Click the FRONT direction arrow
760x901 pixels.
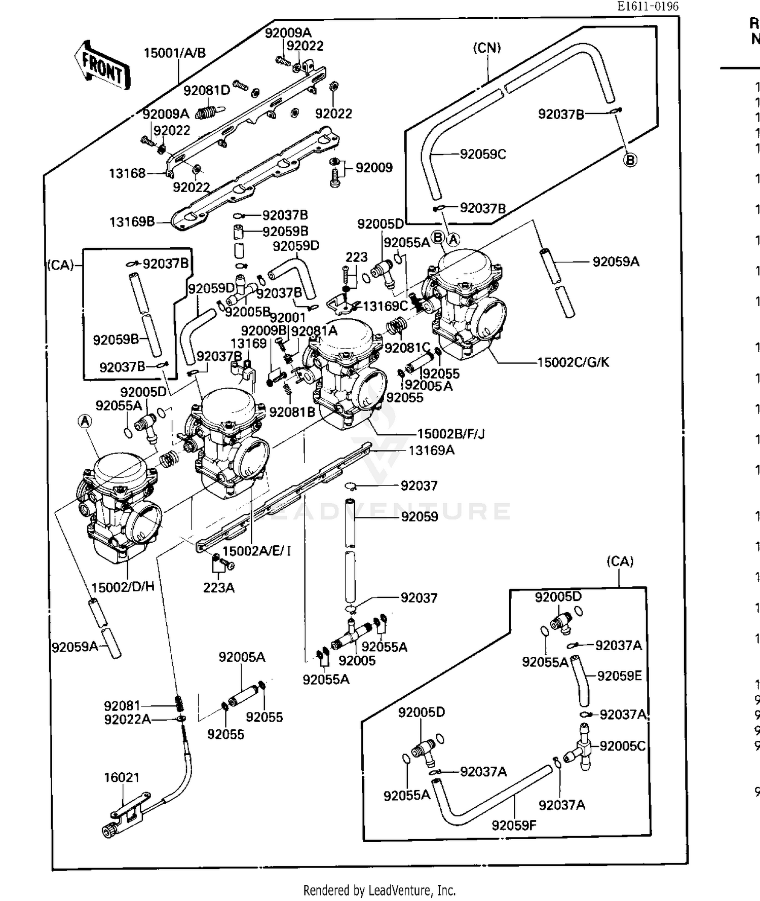[102, 66]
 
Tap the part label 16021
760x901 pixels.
[121, 777]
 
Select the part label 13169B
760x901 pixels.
[132, 222]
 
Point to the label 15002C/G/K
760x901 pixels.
[573, 362]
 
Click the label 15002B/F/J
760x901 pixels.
[450, 434]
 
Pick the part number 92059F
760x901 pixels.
[514, 825]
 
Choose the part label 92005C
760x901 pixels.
[622, 746]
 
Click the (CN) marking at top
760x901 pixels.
[486, 48]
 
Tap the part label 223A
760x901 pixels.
[218, 588]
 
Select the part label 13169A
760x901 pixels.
[431, 450]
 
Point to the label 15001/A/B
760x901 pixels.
[175, 53]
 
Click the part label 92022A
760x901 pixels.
[127, 720]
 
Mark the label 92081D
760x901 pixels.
[206, 91]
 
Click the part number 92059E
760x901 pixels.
[619, 676]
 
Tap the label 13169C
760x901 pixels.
[385, 306]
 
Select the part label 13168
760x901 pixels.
[127, 173]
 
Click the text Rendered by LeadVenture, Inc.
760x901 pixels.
[379, 890]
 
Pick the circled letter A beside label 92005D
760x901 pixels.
[85, 421]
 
